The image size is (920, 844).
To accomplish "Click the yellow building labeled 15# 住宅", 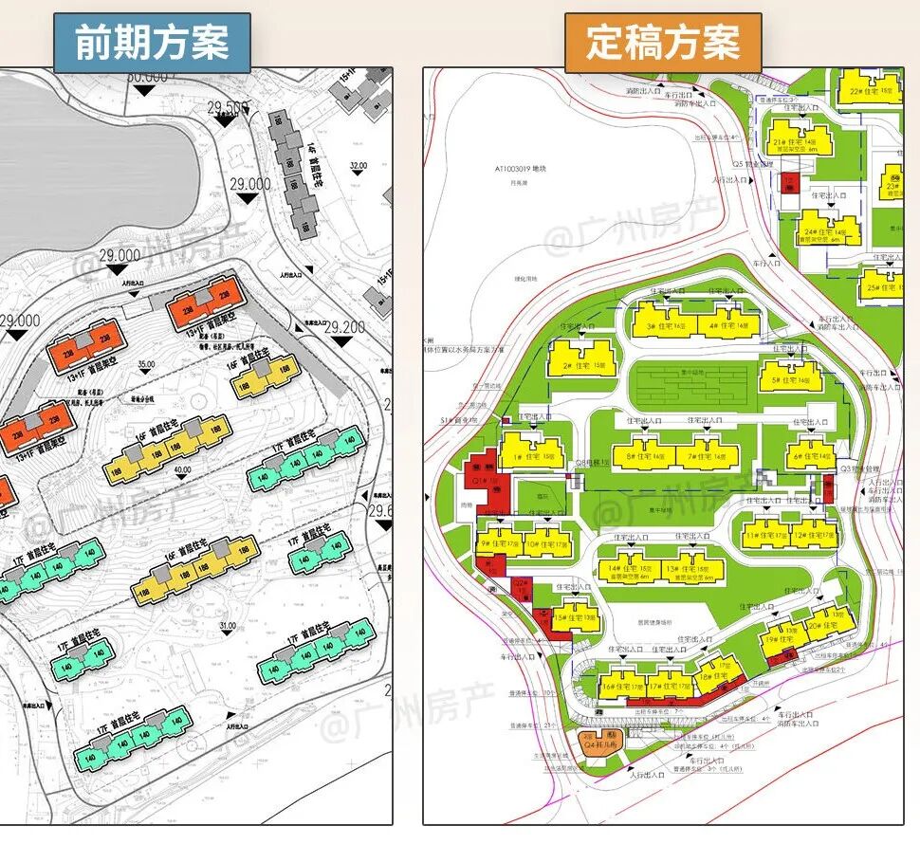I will pos(576,615).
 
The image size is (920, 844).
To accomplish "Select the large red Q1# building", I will pos(488,478).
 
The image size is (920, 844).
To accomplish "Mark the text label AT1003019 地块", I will pos(522,168).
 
